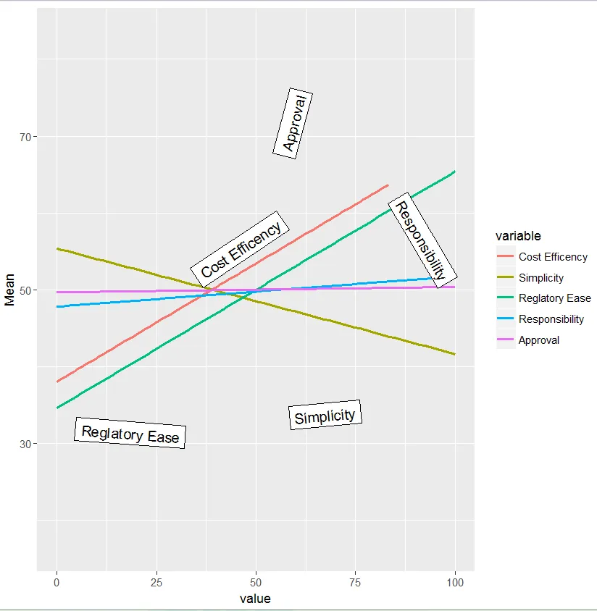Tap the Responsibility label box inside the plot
[422, 240]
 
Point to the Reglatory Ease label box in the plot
[130, 434]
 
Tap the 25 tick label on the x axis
[156, 582]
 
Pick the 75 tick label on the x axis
[355, 582]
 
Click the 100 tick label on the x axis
[455, 582]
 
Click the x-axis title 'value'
[255, 599]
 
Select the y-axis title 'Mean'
[9, 290]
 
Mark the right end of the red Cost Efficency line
[388, 185]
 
